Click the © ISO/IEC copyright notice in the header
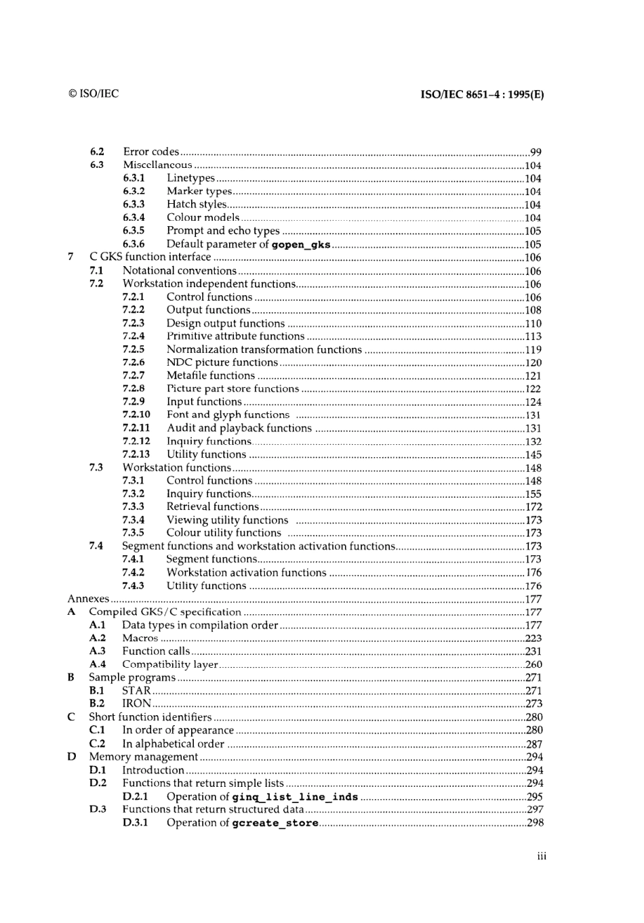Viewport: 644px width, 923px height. [x=94, y=94]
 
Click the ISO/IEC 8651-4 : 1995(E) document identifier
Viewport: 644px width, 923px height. [x=482, y=95]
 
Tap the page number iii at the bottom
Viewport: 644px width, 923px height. [x=541, y=857]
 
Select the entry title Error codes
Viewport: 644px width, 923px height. [x=151, y=152]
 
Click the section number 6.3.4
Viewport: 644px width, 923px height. [x=134, y=217]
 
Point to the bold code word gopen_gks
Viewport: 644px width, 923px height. [x=300, y=244]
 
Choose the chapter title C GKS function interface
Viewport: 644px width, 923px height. [x=150, y=257]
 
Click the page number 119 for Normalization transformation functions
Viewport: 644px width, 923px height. [x=533, y=350]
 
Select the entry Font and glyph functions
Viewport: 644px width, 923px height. [x=228, y=414]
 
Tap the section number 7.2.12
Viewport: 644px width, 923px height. [x=136, y=441]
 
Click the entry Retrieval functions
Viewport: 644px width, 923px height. [x=212, y=507]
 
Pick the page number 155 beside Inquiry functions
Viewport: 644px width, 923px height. [x=533, y=494]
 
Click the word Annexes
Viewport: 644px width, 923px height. [x=88, y=599]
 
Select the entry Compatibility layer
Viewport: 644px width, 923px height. [x=169, y=664]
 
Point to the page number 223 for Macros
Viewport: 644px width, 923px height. [x=533, y=639]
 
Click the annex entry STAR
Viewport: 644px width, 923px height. [x=136, y=691]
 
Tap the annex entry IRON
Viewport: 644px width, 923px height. [x=136, y=704]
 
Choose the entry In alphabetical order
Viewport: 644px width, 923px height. [x=173, y=744]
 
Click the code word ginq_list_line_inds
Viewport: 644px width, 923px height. [x=295, y=797]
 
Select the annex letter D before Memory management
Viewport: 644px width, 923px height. [x=71, y=756]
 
